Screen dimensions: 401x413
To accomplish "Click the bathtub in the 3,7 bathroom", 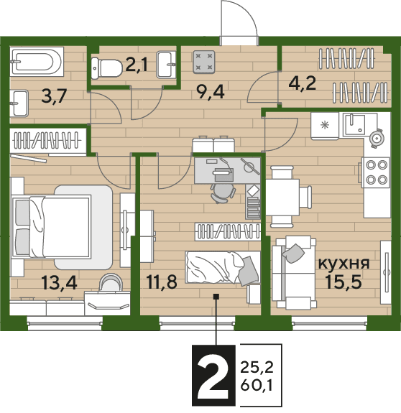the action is click(37, 62).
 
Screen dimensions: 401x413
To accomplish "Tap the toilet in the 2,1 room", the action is click(106, 68).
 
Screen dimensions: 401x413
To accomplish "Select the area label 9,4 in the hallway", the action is click(211, 93).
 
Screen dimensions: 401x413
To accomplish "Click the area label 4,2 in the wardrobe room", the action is click(302, 83).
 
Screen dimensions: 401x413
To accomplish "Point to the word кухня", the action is click(344, 264).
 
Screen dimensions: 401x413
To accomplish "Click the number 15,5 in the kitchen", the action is click(344, 281).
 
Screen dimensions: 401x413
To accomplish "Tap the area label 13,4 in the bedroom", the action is click(59, 283).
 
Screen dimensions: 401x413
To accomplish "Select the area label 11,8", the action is click(162, 282).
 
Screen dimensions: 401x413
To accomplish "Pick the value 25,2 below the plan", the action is click(257, 367).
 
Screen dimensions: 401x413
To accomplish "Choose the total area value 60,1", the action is click(256, 386).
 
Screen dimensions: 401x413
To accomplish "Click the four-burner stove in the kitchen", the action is click(375, 172).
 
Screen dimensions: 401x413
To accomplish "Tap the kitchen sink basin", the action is click(354, 124).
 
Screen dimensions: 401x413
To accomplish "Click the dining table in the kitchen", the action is click(282, 198).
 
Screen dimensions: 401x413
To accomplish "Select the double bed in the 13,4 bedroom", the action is click(51, 226).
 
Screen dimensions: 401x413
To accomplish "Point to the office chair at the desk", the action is click(222, 193).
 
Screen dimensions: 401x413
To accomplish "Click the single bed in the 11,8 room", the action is click(223, 267).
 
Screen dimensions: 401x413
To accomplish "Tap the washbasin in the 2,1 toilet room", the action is click(166, 65).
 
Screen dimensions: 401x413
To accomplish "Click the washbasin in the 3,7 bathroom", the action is click(19, 103).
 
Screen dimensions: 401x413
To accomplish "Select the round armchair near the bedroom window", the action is click(111, 282).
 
